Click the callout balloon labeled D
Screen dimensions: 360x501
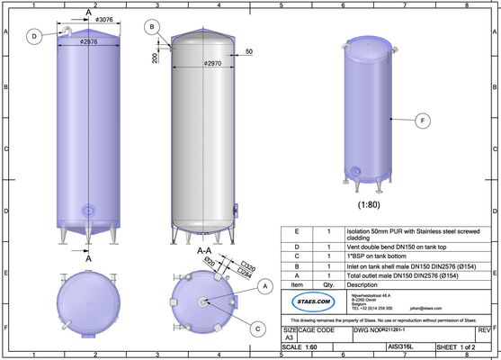tap(34, 37)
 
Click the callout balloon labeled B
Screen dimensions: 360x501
tap(154, 28)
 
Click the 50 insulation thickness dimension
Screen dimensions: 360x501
tap(247, 52)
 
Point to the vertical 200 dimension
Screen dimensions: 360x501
tap(156, 58)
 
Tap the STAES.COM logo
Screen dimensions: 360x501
tap(307, 299)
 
